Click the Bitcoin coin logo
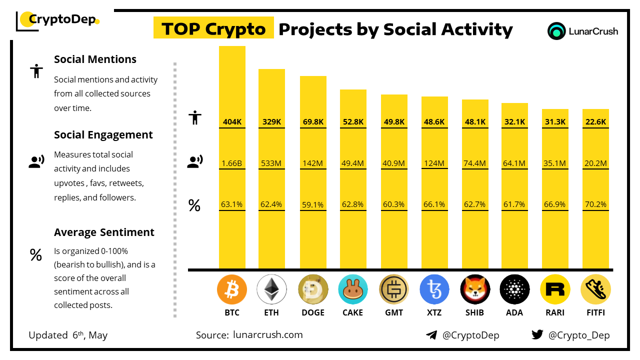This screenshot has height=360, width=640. (x=232, y=289)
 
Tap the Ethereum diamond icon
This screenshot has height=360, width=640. (x=271, y=289)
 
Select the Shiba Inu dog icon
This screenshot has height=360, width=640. (x=475, y=289)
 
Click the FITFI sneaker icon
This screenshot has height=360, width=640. (x=595, y=289)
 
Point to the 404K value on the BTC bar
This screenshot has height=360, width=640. (x=232, y=121)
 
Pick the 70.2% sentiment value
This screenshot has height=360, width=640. (x=595, y=204)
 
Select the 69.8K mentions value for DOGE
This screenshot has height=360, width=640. (x=313, y=121)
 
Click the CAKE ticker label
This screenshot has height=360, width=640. (x=353, y=312)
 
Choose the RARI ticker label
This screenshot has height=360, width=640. (x=555, y=312)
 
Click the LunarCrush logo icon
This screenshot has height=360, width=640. (x=556, y=31)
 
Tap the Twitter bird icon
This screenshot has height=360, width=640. (x=537, y=335)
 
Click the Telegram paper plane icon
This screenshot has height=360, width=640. (x=431, y=335)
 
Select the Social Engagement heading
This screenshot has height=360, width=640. (x=103, y=135)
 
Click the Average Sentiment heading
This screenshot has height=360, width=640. (x=104, y=232)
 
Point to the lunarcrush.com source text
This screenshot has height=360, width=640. (x=267, y=335)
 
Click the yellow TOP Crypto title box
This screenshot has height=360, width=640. (x=213, y=29)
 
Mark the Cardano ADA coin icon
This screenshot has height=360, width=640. (x=514, y=289)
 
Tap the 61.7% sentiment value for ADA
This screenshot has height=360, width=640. (x=514, y=204)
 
